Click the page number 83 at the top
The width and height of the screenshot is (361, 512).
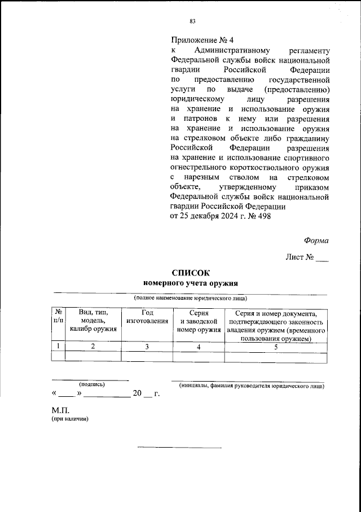192,21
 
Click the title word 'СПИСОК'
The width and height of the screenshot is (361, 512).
190,273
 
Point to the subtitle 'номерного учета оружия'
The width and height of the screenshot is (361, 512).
191,283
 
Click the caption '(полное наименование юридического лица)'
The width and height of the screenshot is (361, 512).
190,298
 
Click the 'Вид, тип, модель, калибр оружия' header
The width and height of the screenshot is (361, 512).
93,321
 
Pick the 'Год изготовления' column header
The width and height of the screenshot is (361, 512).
147,317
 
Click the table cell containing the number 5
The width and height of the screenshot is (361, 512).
276,347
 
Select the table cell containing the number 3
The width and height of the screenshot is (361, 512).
147,347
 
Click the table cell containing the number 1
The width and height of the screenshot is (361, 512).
58,347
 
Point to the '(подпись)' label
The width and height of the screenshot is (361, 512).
91,384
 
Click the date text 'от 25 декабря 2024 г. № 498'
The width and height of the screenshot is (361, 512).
221,217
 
